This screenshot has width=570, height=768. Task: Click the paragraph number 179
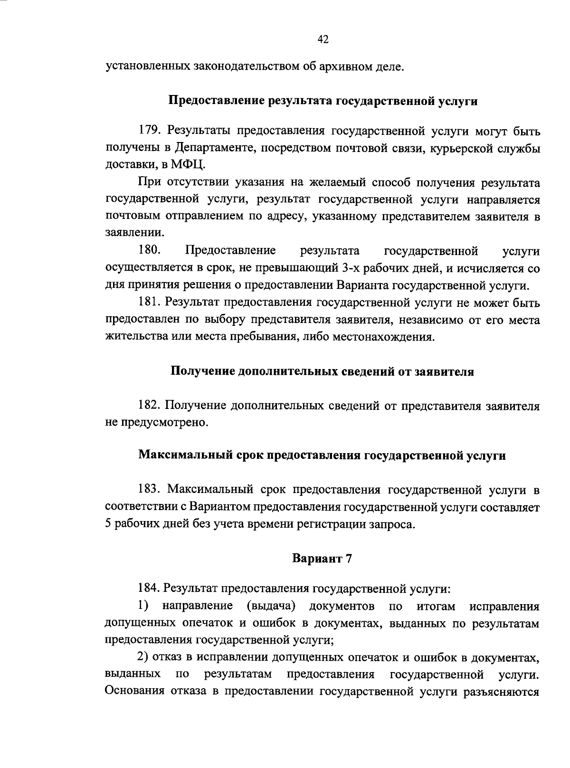[148, 131]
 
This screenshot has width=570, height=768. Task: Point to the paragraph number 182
[149, 406]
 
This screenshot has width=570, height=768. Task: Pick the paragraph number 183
[149, 489]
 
